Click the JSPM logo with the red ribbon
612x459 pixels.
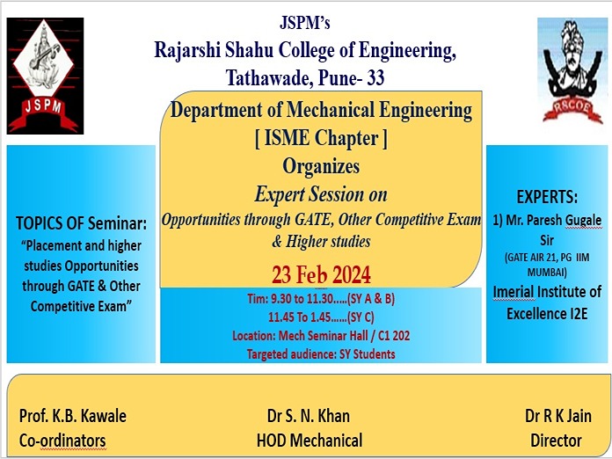45,76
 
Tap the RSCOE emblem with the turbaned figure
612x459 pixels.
572,71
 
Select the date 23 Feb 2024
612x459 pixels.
321,274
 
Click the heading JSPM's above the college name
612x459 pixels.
305,22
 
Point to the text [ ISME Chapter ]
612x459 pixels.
321,138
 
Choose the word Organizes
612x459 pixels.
321,167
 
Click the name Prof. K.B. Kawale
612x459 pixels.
73,416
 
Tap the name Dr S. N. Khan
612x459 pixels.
309,416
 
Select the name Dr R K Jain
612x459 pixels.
558,416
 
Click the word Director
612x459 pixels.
557,441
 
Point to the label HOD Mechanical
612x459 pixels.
310,441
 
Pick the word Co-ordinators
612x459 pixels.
62,441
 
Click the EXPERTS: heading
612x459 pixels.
547,197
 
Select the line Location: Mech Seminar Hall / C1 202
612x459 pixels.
321,336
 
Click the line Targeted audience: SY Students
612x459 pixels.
321,354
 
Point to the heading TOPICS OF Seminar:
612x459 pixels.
82,223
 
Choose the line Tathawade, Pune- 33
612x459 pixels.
305,77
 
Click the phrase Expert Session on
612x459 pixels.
321,194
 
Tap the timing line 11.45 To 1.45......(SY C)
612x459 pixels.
321,317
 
